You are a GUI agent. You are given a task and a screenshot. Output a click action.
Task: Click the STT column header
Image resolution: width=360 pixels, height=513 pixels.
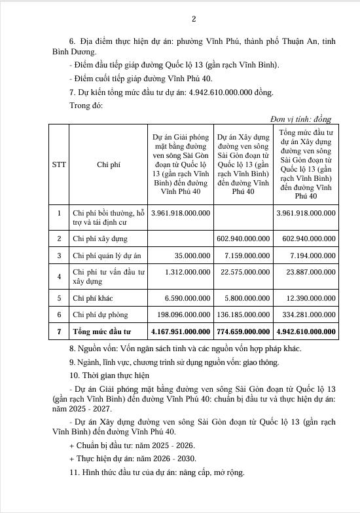[x=59, y=165]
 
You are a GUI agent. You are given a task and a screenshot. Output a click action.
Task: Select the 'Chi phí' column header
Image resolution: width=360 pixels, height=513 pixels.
[x=109, y=165]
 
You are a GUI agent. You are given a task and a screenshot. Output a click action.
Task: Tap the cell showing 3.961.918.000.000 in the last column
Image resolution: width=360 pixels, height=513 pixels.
[x=306, y=213]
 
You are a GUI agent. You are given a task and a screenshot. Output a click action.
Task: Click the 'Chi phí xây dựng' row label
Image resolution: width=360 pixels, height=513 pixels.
[x=100, y=239]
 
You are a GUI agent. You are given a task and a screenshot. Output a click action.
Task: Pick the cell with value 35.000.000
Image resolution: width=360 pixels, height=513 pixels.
[x=188, y=256]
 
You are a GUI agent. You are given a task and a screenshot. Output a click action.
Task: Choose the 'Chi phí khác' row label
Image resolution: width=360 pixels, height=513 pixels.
[x=95, y=298]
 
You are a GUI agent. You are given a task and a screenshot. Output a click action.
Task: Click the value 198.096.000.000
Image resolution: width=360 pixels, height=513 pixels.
[x=181, y=315]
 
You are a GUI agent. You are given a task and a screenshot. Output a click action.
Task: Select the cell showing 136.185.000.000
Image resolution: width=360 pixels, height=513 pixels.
[x=242, y=315]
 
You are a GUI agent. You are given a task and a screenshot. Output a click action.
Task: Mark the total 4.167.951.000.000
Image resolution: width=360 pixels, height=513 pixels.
[x=180, y=332]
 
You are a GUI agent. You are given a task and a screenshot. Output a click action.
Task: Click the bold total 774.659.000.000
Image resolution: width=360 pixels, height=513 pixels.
[x=242, y=332]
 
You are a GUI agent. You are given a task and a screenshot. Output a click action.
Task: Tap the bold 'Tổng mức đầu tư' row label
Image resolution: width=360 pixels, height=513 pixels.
[x=102, y=332]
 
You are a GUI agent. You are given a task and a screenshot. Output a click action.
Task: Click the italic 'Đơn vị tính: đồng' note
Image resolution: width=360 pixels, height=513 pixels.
[x=300, y=119]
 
